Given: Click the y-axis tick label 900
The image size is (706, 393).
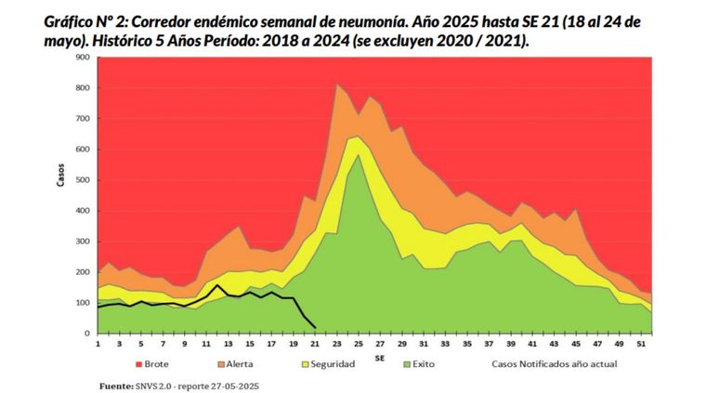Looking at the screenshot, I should [84, 58].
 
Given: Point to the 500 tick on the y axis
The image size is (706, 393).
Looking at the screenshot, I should [84, 180].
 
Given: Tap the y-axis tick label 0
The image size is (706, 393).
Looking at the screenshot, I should [89, 334].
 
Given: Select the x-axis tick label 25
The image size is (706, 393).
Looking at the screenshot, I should [359, 343].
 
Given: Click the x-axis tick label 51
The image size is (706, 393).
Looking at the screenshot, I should [642, 343].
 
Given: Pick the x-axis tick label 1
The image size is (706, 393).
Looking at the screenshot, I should [98, 343].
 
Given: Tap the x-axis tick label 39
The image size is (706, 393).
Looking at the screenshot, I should [511, 343].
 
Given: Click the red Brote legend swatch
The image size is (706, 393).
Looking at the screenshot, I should [137, 364].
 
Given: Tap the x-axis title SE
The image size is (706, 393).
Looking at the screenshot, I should [380, 355].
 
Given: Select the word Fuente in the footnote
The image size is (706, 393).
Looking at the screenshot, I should [116, 385].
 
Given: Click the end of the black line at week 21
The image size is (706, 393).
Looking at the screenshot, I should [316, 327].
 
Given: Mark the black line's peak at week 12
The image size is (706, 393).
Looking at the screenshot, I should [217, 285].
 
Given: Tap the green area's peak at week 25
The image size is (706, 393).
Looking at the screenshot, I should [359, 154].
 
